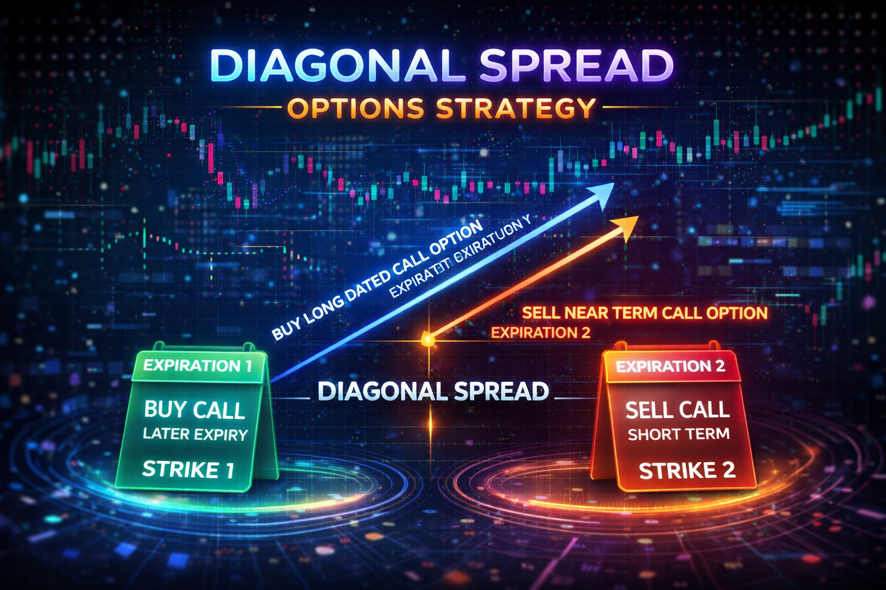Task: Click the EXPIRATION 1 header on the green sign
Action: pos(197,366)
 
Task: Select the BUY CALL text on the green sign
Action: pos(194,410)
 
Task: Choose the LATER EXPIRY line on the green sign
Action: pos(195,434)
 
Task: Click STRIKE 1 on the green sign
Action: pos(188,470)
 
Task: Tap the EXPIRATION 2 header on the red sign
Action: pos(670,366)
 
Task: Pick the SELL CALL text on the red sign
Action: pos(677,410)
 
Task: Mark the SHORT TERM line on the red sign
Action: pos(678,434)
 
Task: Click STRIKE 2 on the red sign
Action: pos(687,471)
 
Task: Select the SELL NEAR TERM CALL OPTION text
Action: pos(645,313)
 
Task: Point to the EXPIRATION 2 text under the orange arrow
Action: pos(540,332)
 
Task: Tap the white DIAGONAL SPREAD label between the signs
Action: pos(433,392)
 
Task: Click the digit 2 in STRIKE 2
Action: pos(728,471)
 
